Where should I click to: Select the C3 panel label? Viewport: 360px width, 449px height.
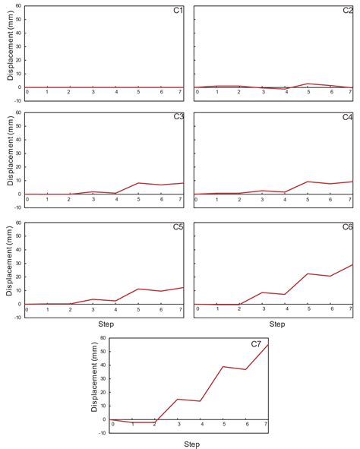click(176, 117)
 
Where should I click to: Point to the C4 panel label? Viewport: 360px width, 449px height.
click(347, 117)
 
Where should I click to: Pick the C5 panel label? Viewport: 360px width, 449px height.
click(176, 226)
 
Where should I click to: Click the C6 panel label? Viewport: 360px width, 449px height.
click(347, 226)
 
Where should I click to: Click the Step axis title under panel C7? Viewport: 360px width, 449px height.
click(190, 441)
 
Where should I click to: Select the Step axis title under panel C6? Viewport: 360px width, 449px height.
click(276, 324)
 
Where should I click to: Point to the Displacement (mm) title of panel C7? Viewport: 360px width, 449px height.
click(95, 385)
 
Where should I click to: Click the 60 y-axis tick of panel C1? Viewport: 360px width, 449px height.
click(18, 7)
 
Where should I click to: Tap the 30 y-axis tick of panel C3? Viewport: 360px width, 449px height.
click(18, 153)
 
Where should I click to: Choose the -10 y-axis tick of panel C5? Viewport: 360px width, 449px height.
click(17, 316)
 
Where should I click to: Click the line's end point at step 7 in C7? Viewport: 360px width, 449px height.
click(268, 345)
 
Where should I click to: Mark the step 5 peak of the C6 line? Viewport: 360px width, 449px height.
click(308, 274)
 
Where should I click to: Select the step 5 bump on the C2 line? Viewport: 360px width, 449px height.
click(308, 84)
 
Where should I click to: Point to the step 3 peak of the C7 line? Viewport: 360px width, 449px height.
click(178, 399)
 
